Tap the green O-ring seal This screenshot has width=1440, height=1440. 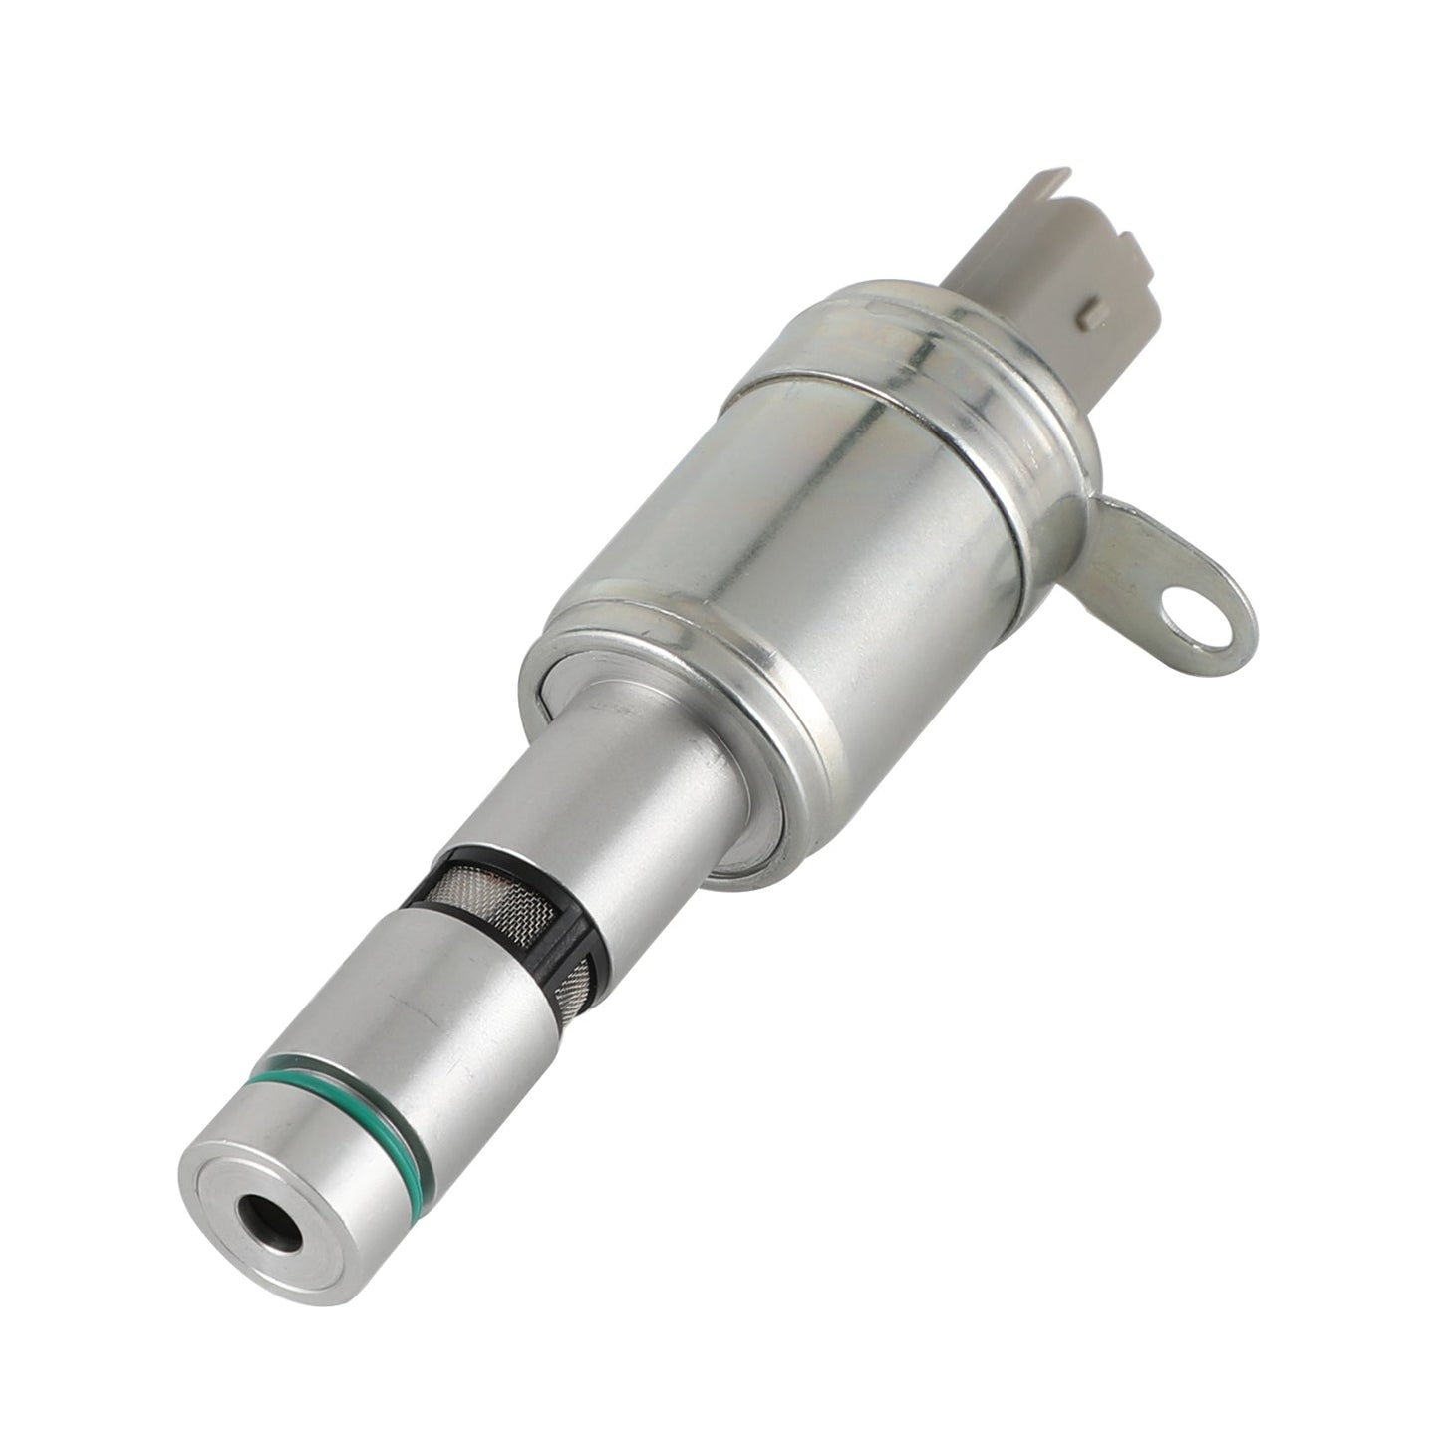point(329,1074)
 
